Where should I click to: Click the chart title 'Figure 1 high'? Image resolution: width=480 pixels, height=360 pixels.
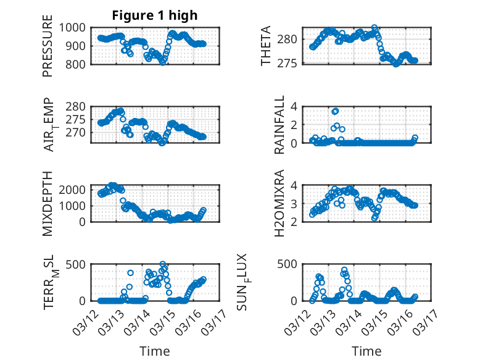(154, 15)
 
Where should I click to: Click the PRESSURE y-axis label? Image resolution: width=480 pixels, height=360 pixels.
(48, 50)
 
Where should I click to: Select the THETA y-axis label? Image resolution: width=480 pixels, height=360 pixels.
(266, 46)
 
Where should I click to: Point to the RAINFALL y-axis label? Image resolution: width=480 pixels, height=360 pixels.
(279, 125)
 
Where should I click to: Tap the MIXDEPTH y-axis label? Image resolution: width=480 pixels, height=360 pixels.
(48, 203)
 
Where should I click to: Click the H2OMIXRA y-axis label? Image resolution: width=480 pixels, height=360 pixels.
(279, 203)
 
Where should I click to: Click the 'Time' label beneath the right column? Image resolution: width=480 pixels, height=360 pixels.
(366, 351)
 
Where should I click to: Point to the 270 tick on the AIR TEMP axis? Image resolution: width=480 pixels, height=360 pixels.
(78, 132)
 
